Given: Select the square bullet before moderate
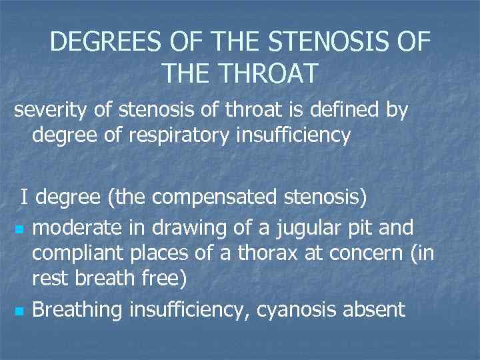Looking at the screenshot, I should (x=19, y=231).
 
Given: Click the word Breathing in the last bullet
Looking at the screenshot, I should (x=77, y=309).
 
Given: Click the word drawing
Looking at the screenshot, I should (x=175, y=228).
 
